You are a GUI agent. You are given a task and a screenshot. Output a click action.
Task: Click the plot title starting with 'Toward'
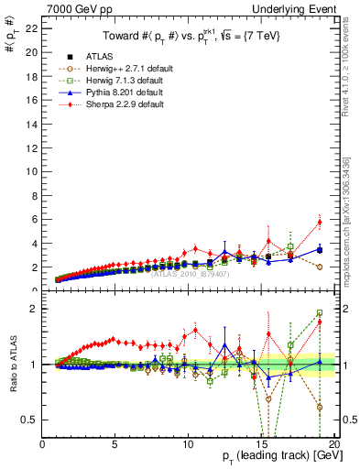(190, 37)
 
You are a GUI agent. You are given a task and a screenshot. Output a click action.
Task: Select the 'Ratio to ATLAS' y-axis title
(12, 364)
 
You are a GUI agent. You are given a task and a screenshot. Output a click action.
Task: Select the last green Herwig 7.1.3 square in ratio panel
(320, 312)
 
